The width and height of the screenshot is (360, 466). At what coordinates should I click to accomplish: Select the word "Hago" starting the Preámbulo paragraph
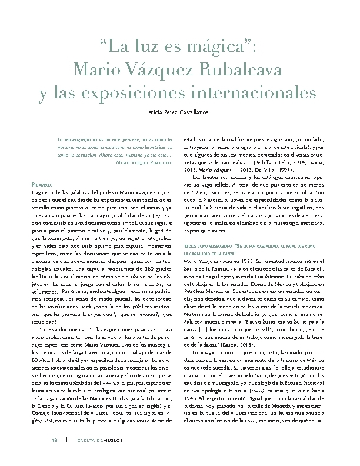click(x=37, y=193)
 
